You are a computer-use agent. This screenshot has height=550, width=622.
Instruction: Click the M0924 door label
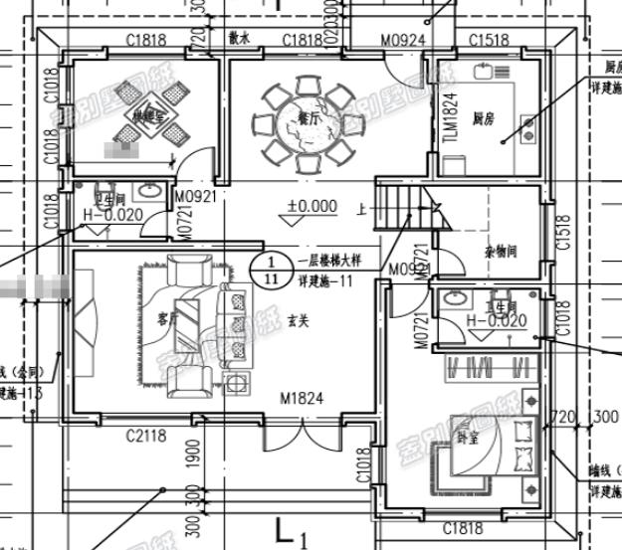(x=404, y=41)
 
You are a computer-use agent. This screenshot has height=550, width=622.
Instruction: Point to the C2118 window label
(x=145, y=436)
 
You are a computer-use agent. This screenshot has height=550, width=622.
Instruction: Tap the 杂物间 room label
(x=501, y=251)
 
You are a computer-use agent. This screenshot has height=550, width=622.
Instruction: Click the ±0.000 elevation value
(x=311, y=207)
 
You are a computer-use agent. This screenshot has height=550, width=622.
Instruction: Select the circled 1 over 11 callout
(x=268, y=271)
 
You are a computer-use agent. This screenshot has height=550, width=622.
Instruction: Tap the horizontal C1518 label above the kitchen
(x=489, y=41)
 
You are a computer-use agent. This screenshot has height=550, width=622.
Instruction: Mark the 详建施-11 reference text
(x=325, y=282)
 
